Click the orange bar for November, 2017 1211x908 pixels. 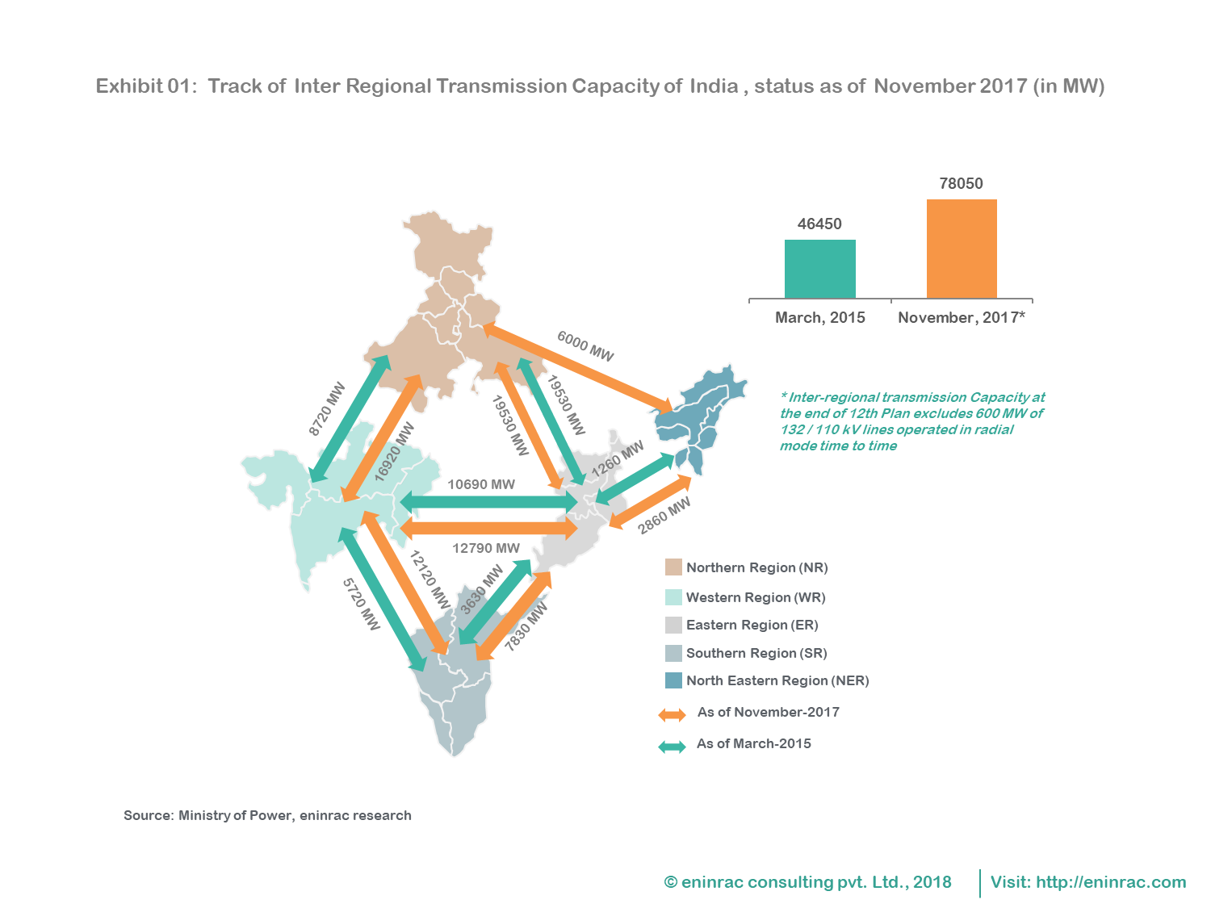(x=962, y=249)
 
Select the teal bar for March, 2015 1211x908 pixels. (x=819, y=269)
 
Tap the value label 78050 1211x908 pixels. (x=961, y=183)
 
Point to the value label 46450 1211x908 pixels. (x=819, y=224)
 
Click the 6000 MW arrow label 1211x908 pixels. (x=585, y=346)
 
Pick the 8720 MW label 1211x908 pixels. (x=327, y=408)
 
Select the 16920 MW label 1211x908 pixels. (x=394, y=452)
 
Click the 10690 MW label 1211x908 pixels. (x=481, y=484)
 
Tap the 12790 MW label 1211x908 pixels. (x=486, y=548)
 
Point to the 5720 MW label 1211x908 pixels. (x=361, y=604)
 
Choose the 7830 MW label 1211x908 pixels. (x=526, y=626)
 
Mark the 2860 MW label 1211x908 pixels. (x=664, y=516)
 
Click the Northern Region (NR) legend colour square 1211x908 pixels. (x=673, y=567)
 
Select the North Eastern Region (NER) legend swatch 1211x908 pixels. (x=673, y=680)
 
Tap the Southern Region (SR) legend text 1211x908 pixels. (x=756, y=653)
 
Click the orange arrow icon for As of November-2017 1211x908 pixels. (x=672, y=714)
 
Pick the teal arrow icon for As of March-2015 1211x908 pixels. (x=672, y=747)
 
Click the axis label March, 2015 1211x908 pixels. (x=819, y=317)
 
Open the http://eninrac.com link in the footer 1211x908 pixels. (x=1111, y=882)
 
